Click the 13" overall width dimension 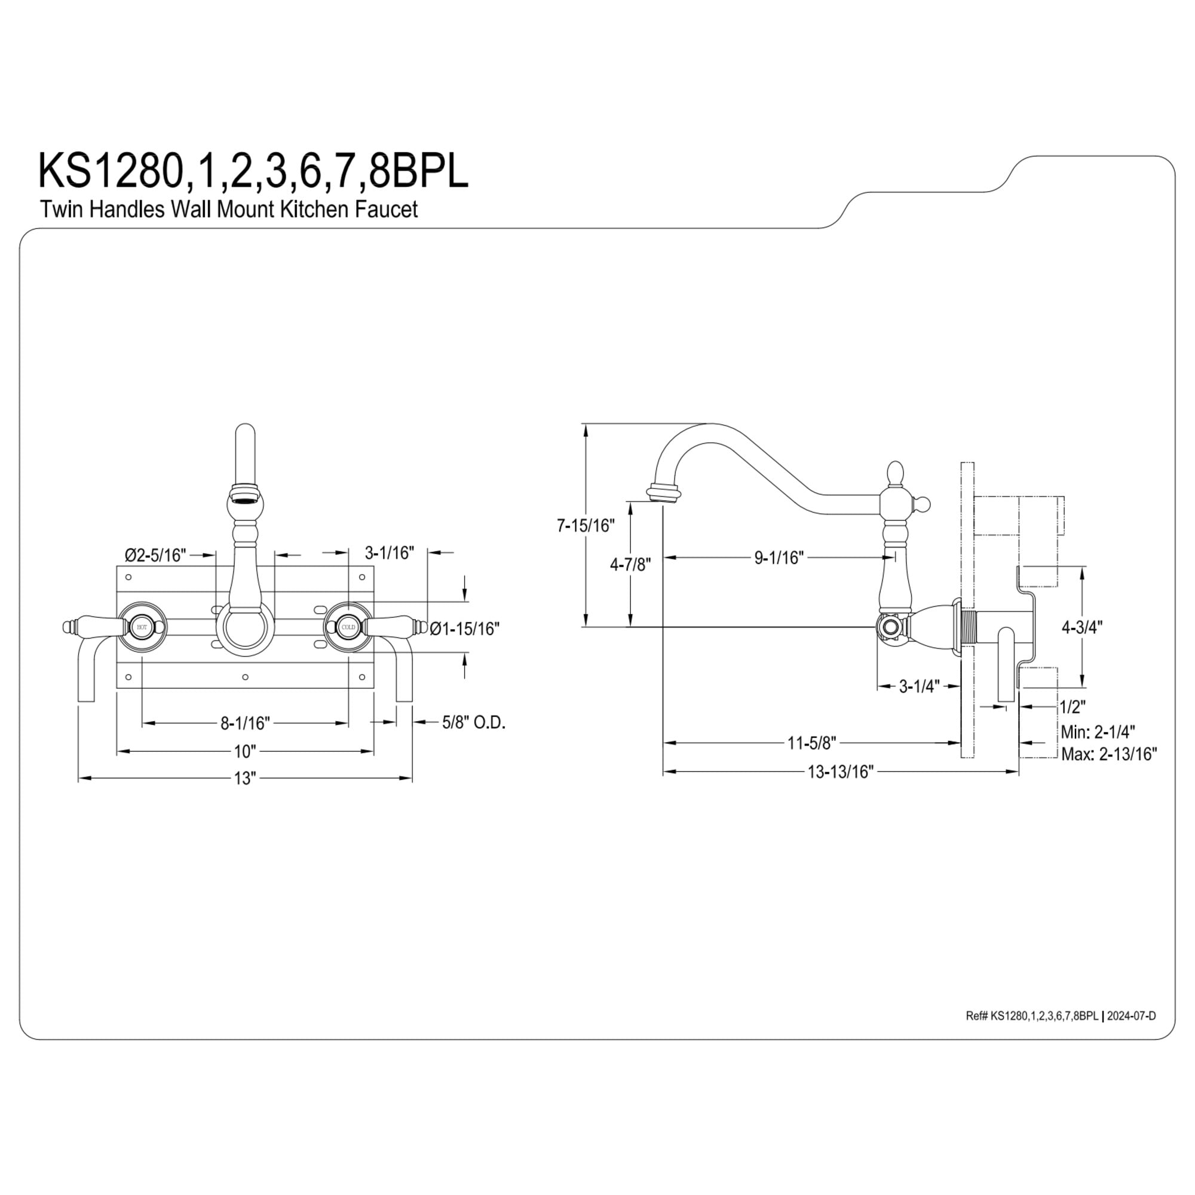tap(244, 778)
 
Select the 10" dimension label tap(244, 752)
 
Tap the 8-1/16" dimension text tap(246, 722)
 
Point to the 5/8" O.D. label tap(474, 722)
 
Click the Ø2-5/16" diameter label tap(155, 555)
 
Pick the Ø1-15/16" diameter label tap(464, 629)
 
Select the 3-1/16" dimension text tap(389, 552)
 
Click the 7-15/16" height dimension tap(586, 526)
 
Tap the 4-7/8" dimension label tap(630, 564)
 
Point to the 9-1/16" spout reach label tap(779, 557)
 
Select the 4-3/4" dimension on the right tap(1082, 627)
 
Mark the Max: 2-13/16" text tap(1108, 754)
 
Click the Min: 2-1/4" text tap(1097, 732)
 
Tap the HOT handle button tap(142, 627)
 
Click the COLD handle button tap(348, 627)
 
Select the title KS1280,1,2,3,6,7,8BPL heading tap(253, 171)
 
